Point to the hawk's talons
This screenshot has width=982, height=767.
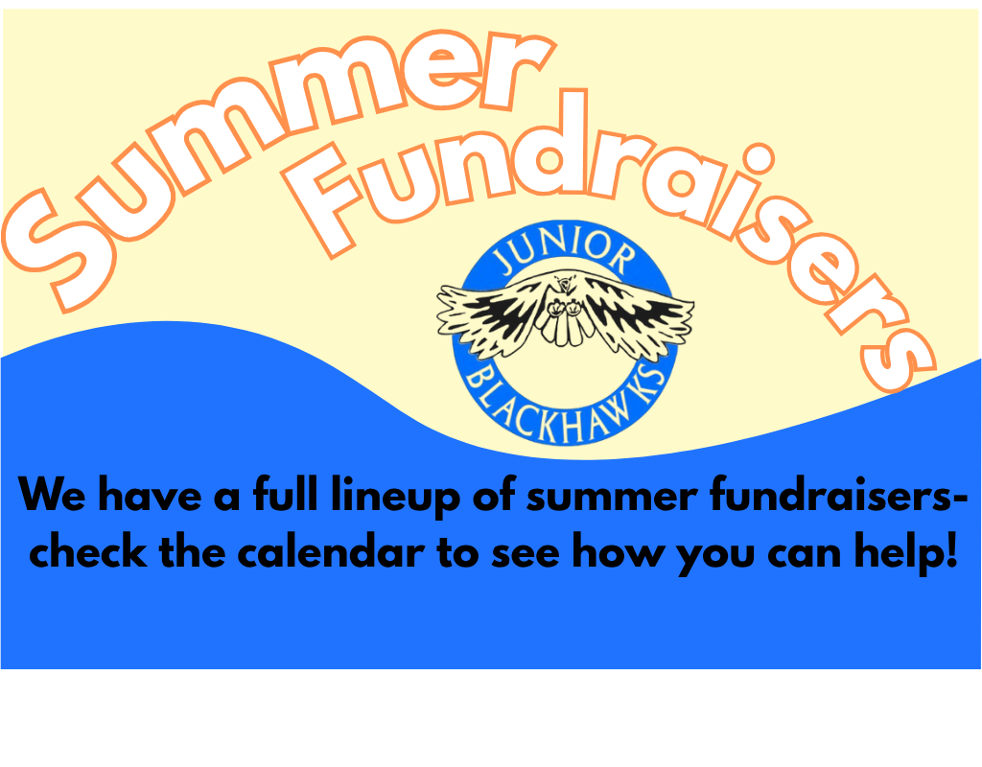click(x=566, y=308)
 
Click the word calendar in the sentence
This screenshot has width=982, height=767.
click(x=331, y=552)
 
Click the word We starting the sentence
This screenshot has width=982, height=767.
click(x=52, y=496)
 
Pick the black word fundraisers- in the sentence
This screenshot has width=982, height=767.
click(x=830, y=496)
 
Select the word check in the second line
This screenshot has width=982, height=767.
click(x=88, y=552)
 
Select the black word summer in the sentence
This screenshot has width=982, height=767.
click(x=612, y=499)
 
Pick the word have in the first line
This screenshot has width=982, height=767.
click(x=150, y=496)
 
